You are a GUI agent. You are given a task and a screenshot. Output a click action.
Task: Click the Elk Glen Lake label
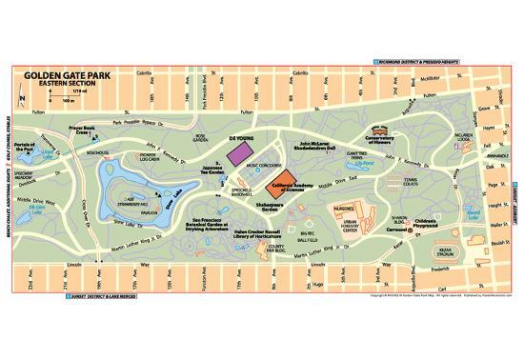[42, 207]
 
